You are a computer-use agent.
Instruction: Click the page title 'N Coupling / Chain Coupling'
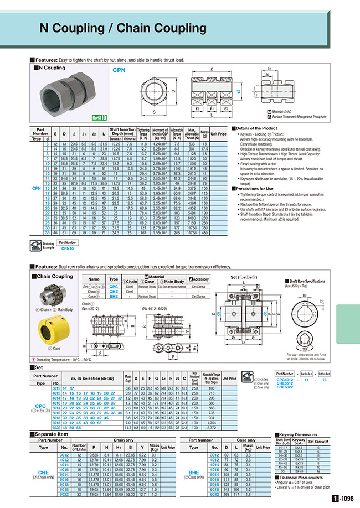(123, 28)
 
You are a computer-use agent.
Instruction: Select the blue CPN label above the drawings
(119, 71)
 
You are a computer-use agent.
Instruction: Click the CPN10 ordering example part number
(68, 249)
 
